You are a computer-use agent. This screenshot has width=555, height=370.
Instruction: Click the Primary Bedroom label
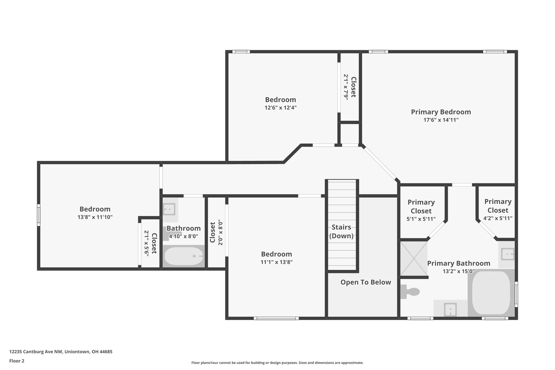[x=441, y=112]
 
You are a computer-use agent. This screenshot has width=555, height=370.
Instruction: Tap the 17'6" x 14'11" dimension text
[x=441, y=120]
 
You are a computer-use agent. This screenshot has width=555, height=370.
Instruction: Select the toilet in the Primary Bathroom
[x=410, y=292]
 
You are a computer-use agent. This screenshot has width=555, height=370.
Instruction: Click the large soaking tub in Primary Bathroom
[x=491, y=293]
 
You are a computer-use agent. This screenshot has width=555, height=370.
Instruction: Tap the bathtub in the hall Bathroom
[x=184, y=256]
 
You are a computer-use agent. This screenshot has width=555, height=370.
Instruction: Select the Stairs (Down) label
[x=341, y=231]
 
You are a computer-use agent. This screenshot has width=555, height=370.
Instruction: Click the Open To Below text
[x=366, y=282]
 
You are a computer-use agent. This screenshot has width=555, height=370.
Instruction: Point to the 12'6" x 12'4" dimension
[x=280, y=108]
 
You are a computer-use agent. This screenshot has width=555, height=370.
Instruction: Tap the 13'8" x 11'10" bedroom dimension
[x=95, y=217]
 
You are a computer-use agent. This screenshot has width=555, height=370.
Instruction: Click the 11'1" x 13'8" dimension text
[x=276, y=262]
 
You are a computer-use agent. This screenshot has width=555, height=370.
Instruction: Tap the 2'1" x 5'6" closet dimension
[x=146, y=243]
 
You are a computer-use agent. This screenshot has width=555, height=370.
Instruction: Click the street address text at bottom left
[x=61, y=352]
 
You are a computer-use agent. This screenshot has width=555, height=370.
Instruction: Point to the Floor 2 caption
[x=17, y=361]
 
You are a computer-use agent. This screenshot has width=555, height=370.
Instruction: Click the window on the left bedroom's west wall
[x=39, y=215]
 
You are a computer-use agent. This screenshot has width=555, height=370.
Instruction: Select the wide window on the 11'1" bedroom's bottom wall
[x=276, y=318]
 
